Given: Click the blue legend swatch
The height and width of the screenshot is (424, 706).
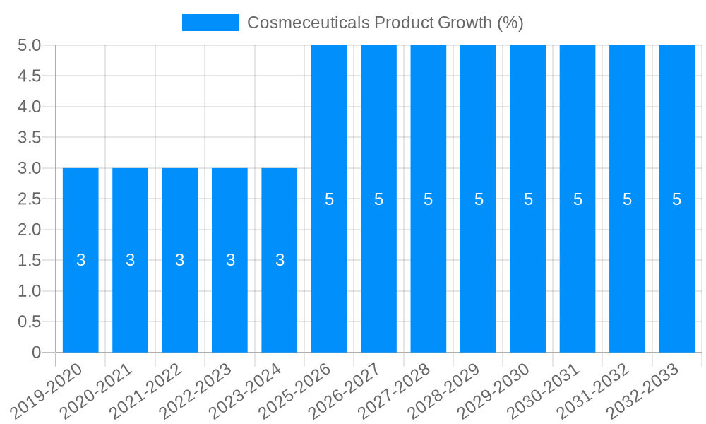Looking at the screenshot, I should [x=210, y=23].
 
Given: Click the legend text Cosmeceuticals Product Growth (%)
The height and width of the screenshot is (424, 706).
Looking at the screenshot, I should [x=385, y=23].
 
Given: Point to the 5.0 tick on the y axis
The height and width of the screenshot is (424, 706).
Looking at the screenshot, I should [x=29, y=45].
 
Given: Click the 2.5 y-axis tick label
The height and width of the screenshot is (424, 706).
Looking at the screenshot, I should [x=29, y=199].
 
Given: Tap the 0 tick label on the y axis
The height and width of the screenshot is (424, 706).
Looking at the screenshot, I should [x=37, y=353].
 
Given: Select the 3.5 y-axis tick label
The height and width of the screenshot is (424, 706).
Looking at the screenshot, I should [x=29, y=138].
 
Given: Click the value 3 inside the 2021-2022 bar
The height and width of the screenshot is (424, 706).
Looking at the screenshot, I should [x=180, y=260].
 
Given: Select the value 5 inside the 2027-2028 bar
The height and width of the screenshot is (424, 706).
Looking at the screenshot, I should [x=429, y=199].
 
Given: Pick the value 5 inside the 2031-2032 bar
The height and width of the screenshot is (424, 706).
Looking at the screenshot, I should [x=627, y=199].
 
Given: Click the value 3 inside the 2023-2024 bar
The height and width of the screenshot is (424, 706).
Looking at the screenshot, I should [x=280, y=260].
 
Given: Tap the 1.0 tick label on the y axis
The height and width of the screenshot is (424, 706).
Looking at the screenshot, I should [x=29, y=291].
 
